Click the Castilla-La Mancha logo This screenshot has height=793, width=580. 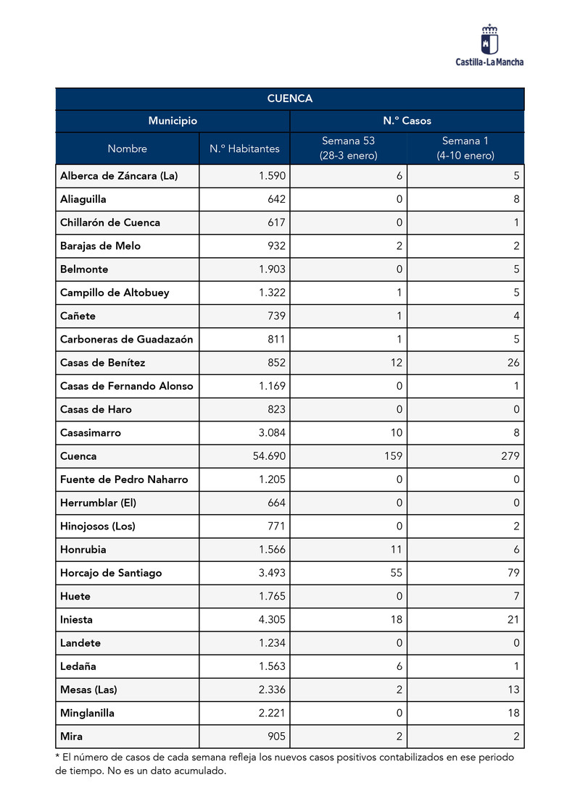point(489,45)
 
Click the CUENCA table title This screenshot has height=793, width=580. point(289,98)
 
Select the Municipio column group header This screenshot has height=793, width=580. point(173,121)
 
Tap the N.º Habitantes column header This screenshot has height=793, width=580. point(244,148)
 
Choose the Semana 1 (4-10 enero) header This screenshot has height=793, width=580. point(465,148)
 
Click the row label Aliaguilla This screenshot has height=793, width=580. point(84,199)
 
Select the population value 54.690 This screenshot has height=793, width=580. point(268,456)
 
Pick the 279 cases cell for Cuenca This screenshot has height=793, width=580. point(507,456)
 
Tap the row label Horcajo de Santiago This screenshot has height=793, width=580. point(111,573)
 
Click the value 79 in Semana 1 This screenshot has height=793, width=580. point(513,573)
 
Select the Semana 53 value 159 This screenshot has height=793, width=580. point(393,456)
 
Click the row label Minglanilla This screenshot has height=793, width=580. point(87,713)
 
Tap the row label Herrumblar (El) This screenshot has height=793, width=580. point(98,503)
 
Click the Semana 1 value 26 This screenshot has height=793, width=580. point(513,363)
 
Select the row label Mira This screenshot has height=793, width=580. point(71,737)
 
